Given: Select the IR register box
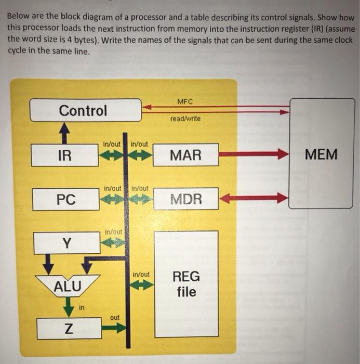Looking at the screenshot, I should coord(65,155).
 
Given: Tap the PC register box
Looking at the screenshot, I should coord(66,199).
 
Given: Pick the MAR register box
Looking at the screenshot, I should coord(185,154).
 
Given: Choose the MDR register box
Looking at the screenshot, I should coord(186,199).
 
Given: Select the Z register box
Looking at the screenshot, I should coord(68,328).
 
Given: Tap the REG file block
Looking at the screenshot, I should coord(186,284).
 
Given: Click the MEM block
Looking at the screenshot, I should coord(321,154).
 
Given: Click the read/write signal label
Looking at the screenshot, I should coord(185,119).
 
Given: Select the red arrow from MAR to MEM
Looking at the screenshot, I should coord(253,154).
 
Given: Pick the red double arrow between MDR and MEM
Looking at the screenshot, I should coord(254,198).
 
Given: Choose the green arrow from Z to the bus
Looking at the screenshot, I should coord(113,328).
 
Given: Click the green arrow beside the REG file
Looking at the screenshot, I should coord(142,285).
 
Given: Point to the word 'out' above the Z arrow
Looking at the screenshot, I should coord(115,317).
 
